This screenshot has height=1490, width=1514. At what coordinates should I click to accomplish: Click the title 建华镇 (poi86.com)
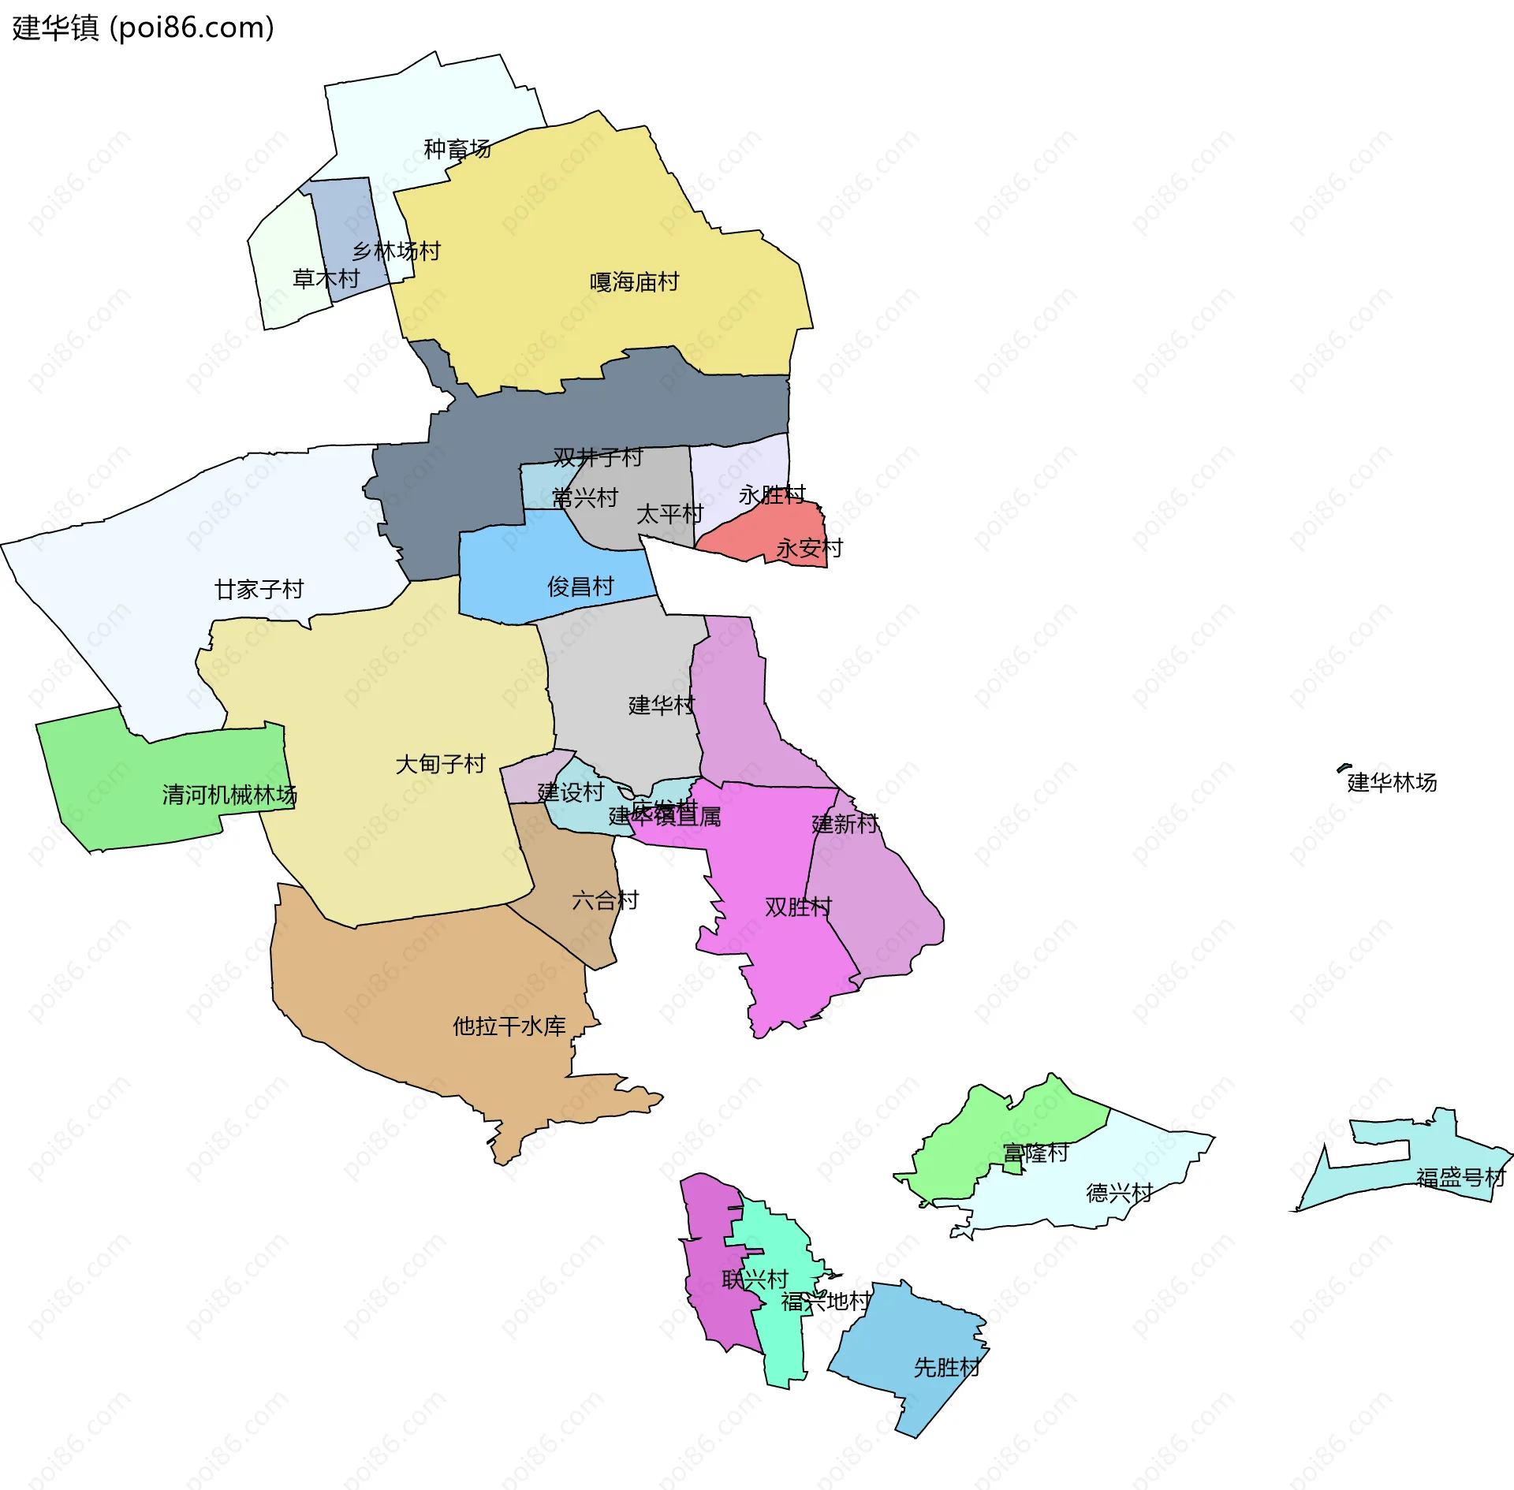tap(143, 28)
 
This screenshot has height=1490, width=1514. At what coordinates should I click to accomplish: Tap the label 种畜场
tap(457, 148)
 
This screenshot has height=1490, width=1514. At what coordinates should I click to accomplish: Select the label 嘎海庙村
tap(634, 281)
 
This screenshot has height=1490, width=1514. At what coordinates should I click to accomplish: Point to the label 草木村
tap(326, 278)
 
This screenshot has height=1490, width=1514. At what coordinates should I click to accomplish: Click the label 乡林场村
tap(396, 251)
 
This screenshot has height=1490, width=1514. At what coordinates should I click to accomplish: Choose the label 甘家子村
tap(259, 589)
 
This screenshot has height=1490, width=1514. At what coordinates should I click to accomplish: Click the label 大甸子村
tap(440, 763)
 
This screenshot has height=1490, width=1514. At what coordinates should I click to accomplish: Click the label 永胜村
tap(771, 494)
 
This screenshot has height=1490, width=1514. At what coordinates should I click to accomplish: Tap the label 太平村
tap(669, 513)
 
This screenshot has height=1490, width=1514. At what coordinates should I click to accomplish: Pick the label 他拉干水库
tap(509, 1026)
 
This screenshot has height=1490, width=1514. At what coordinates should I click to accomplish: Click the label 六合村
tap(605, 900)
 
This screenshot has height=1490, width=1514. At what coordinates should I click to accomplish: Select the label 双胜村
tap(798, 907)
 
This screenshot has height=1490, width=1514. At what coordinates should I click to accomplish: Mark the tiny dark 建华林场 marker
tap(1344, 767)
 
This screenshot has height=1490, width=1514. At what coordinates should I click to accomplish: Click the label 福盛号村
tap(1460, 1177)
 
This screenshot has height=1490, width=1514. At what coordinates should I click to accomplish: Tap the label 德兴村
tap(1119, 1192)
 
